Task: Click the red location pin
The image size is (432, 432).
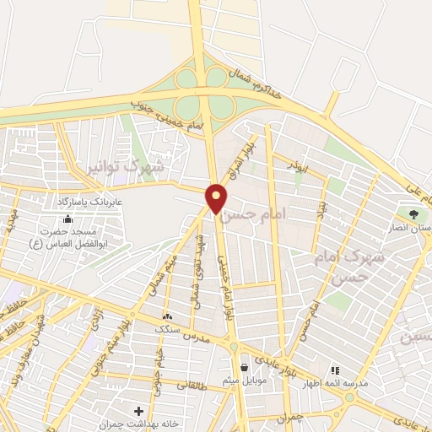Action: (x=217, y=198)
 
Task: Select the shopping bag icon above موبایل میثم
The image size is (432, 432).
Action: (x=244, y=367)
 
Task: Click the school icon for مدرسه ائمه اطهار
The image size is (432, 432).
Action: (x=335, y=369)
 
